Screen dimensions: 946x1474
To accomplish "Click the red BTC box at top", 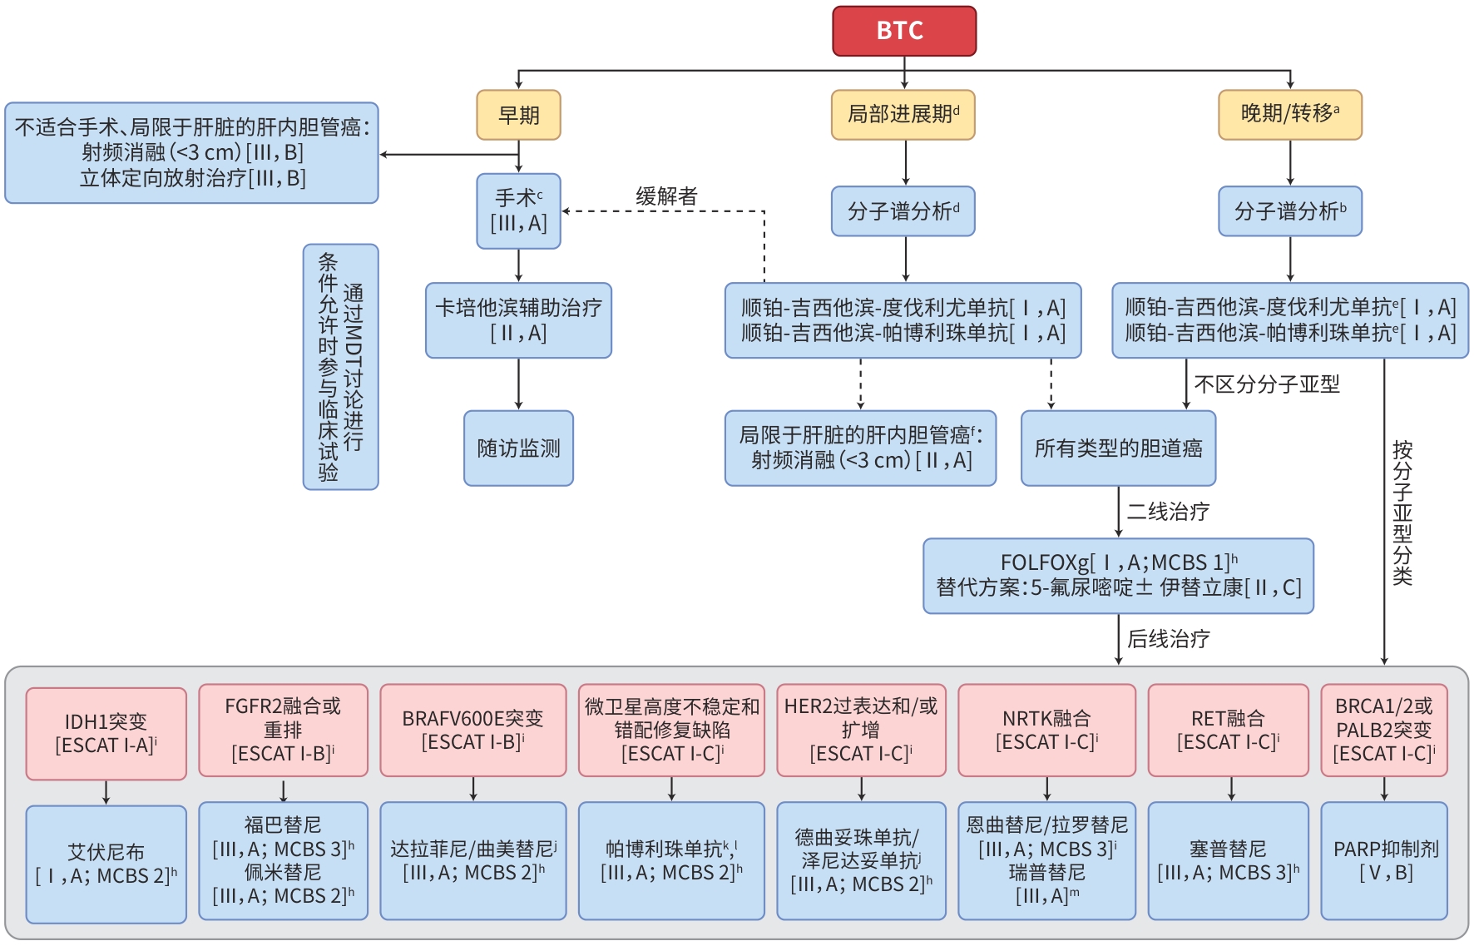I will (x=903, y=31).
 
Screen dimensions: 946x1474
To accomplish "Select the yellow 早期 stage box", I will (x=518, y=115).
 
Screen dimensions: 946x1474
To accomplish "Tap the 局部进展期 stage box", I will (x=903, y=115).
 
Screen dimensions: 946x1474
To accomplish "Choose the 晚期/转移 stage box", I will (x=1289, y=115).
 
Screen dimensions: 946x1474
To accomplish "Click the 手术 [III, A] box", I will (x=518, y=210).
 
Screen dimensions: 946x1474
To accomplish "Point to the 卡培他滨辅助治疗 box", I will (x=518, y=320).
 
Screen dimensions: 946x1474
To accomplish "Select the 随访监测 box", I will (x=518, y=448).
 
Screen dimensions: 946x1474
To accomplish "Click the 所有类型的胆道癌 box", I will (x=1118, y=448).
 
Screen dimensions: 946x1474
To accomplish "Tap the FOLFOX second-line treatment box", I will (x=1118, y=576).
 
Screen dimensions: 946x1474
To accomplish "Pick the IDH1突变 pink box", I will (x=106, y=733).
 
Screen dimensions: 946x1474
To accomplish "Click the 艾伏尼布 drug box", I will (x=106, y=864).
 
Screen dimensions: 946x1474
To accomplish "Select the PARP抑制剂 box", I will (x=1384, y=860).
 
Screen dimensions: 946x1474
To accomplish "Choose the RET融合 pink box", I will (x=1228, y=730).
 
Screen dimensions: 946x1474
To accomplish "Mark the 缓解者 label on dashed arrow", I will (x=666, y=196).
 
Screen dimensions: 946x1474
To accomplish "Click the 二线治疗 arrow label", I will (x=1168, y=512).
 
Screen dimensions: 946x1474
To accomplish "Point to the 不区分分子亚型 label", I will (x=1266, y=384).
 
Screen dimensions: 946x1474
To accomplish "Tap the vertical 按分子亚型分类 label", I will (x=1402, y=512).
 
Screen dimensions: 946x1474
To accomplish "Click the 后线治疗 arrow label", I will (x=1168, y=639).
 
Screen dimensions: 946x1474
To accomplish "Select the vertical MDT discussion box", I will (x=340, y=367).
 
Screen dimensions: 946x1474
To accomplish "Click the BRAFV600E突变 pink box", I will (x=472, y=730).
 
